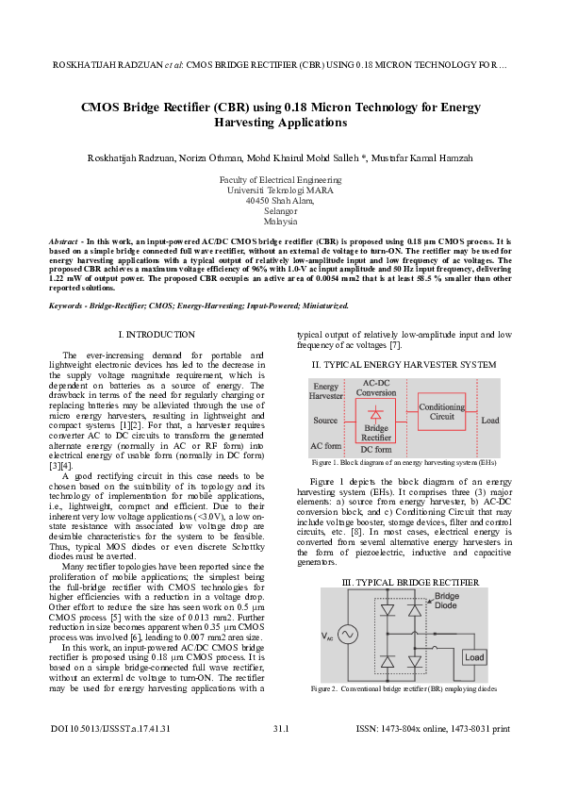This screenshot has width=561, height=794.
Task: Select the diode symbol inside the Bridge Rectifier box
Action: coord(376,413)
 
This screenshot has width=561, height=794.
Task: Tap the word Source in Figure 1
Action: coord(325,420)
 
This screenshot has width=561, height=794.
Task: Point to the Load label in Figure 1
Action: coord(490,420)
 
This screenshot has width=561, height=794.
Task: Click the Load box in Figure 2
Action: coord(474,656)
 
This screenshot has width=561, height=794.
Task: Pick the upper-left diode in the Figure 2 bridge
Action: coord(387,610)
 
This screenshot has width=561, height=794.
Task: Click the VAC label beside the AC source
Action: coord(326,637)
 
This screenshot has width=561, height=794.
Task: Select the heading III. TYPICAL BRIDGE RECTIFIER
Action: coord(403,582)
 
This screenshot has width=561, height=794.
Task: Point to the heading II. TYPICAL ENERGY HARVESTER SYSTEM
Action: coord(404,364)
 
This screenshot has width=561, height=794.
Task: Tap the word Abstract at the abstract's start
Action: coord(63,242)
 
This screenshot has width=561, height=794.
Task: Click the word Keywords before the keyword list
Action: coord(67,306)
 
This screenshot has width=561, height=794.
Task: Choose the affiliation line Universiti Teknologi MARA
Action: coord(280,190)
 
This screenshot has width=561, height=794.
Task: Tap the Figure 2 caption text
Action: coord(404,690)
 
